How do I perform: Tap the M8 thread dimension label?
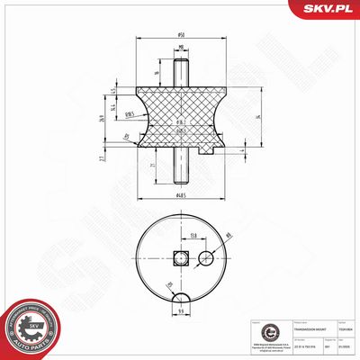181,49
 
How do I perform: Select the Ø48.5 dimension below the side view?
182,194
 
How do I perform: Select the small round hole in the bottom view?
206,259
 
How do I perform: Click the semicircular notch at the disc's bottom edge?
183,298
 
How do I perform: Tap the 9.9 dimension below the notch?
183,311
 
